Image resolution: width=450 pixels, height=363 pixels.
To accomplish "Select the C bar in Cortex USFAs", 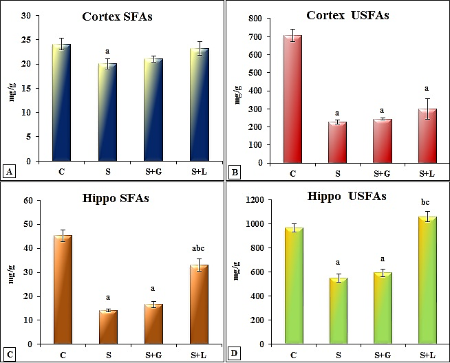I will tap(294, 99).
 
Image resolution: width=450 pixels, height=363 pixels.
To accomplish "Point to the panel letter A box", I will tap(10, 172).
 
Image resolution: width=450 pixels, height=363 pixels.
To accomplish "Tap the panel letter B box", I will tap(237, 172).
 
